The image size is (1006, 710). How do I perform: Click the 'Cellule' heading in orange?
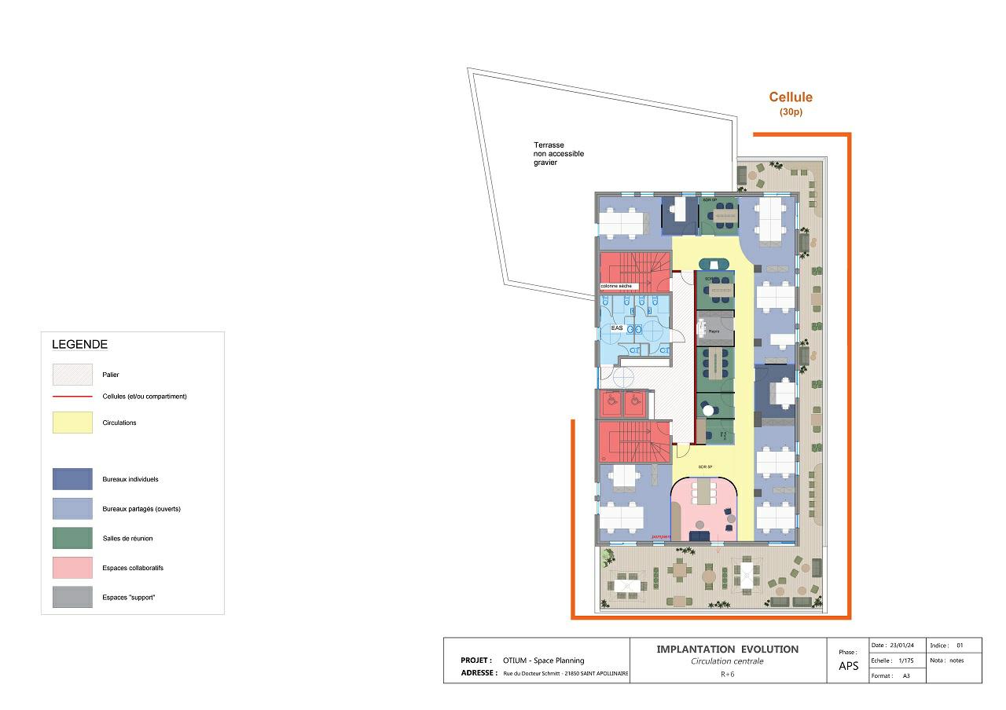point(790,97)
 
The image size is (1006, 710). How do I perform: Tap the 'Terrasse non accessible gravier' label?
point(559,154)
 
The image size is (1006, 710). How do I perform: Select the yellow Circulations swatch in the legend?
point(72,423)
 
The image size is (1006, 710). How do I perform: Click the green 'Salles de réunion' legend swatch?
point(72,538)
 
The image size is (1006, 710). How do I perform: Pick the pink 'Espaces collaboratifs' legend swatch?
point(72,568)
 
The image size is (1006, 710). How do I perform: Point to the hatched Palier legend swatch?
point(72,375)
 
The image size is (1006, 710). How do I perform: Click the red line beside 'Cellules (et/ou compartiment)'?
point(72,397)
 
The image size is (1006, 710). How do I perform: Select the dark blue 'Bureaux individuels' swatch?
point(72,479)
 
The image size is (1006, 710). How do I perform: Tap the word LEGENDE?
point(79,345)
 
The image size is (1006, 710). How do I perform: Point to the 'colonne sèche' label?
point(615,286)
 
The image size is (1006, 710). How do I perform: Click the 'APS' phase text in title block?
point(849,666)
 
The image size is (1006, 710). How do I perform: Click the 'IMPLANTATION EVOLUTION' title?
point(727,650)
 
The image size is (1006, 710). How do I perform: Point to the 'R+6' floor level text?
point(727,674)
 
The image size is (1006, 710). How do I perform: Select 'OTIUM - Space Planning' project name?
point(543,661)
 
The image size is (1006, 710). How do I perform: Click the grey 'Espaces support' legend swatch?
point(72,597)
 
